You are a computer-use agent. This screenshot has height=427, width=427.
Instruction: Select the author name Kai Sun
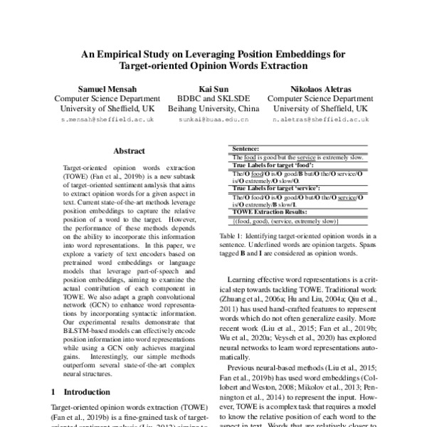pos(209,88)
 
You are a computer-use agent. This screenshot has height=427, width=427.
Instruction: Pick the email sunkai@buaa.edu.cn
pos(209,121)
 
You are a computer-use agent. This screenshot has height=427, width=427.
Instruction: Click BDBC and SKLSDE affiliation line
pos(209,99)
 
